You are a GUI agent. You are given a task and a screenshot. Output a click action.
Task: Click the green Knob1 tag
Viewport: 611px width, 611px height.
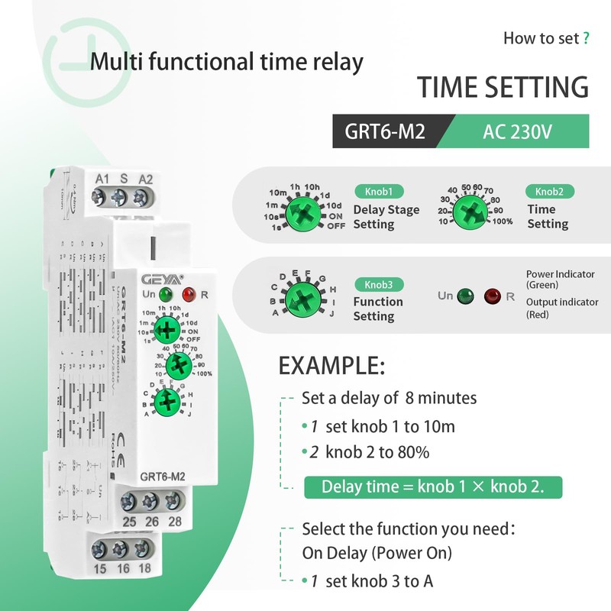click(x=377, y=192)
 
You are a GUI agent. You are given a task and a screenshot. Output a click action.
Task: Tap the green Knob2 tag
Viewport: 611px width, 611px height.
click(x=549, y=192)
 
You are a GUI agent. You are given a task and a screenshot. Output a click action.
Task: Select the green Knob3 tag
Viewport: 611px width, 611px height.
click(x=377, y=284)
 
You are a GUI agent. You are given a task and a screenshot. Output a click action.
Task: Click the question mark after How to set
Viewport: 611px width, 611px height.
click(x=585, y=38)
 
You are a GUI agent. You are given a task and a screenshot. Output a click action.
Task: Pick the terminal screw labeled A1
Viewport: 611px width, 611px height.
click(x=100, y=198)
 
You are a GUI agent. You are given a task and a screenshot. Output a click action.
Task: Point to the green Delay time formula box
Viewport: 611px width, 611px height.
click(x=433, y=487)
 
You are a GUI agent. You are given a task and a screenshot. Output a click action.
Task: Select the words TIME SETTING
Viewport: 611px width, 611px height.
click(x=503, y=86)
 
